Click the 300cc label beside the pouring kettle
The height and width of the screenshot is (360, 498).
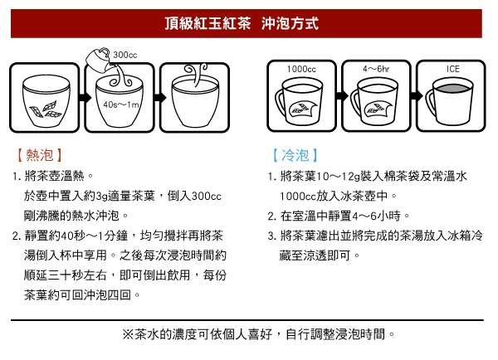click(x=124, y=55)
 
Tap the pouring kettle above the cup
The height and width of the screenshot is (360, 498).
click(x=99, y=60)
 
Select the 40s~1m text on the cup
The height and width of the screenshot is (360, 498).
click(x=121, y=105)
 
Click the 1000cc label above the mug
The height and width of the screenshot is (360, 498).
click(x=301, y=69)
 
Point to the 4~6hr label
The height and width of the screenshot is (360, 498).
click(x=376, y=69)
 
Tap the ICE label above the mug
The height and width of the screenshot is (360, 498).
click(x=453, y=69)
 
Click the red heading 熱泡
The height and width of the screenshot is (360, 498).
click(x=39, y=155)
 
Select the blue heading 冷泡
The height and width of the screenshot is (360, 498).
click(x=295, y=155)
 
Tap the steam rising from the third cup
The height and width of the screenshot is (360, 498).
click(x=196, y=74)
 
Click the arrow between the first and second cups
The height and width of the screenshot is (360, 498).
click(x=84, y=97)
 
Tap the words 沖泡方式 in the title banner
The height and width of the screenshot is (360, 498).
click(x=290, y=23)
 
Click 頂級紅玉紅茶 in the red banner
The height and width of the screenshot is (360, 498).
click(x=207, y=23)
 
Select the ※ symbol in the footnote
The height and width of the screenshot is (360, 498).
click(x=128, y=334)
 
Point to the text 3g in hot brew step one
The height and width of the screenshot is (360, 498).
click(x=101, y=197)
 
